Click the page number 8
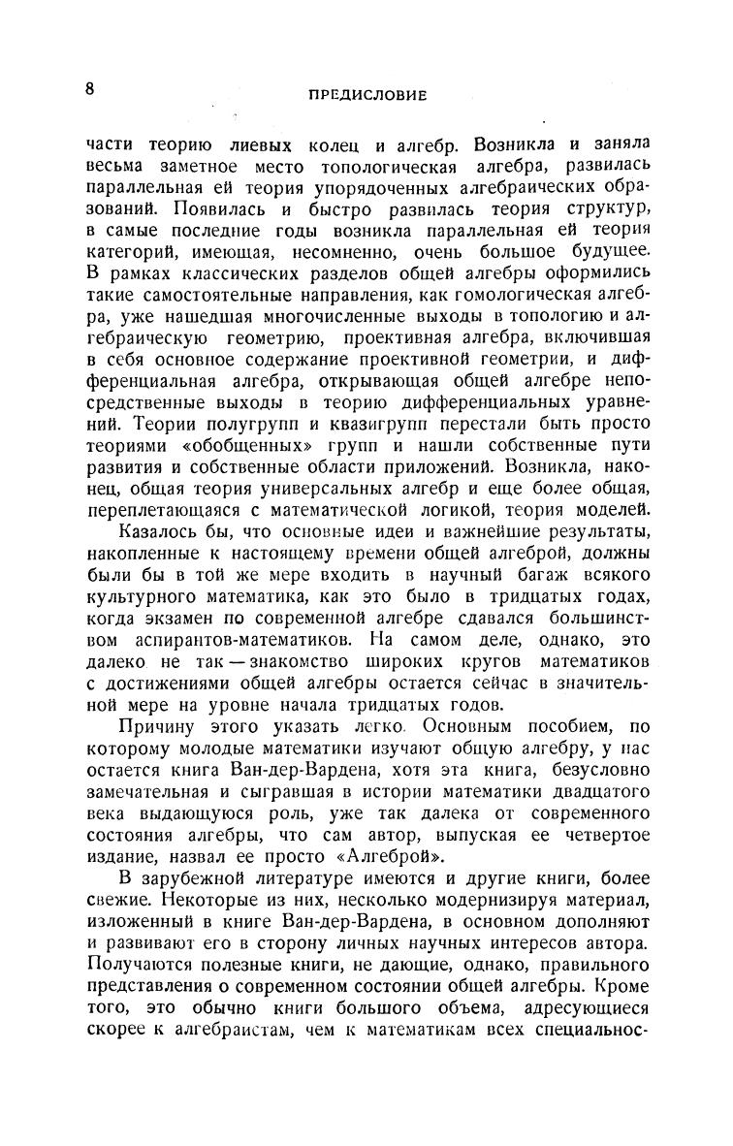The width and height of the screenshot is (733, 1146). pyautogui.click(x=89, y=89)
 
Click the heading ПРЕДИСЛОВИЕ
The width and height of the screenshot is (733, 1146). pyautogui.click(x=367, y=95)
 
